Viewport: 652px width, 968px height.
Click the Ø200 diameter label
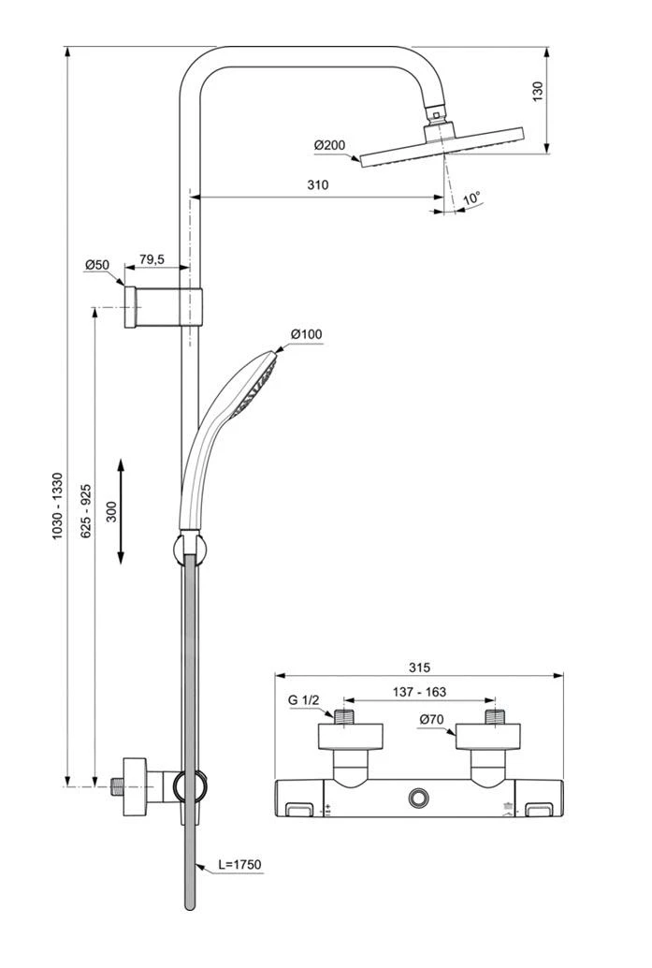pos(330,145)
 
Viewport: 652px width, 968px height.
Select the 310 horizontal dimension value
pos(318,185)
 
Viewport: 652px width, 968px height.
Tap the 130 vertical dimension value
pos(537,93)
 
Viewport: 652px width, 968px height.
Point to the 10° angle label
pos(471,198)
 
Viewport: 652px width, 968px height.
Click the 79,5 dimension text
pos(152,259)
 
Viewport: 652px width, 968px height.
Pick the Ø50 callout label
pos(97,265)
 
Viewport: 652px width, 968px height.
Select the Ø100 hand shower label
pos(306,334)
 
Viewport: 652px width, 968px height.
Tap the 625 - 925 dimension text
pos(85,510)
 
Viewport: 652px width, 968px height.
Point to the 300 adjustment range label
pos(111,511)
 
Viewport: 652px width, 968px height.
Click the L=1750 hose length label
pos(239,865)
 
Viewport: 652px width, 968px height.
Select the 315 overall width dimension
pos(419,667)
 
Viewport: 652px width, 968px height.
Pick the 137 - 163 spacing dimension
pos(418,692)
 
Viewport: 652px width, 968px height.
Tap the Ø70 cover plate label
pos(431,719)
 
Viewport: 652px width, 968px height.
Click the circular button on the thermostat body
pos(418,799)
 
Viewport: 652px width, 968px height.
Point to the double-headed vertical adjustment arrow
pos(122,511)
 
